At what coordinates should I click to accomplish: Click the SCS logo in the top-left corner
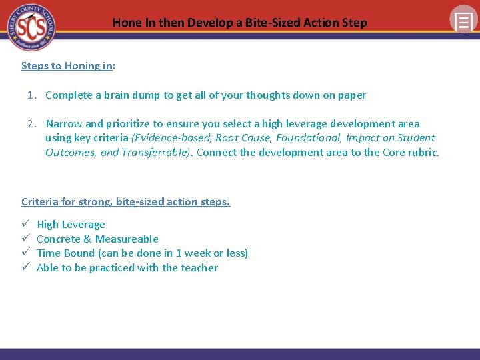tap(31, 27)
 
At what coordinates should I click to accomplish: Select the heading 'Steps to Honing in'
tap(67, 65)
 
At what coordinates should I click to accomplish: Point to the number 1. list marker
tap(32, 95)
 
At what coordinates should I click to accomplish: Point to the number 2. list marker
tap(32, 123)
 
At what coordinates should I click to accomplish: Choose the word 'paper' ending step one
tap(351, 95)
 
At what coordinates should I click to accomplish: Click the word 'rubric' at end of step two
tap(423, 152)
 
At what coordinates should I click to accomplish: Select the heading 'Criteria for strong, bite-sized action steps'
tap(125, 201)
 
